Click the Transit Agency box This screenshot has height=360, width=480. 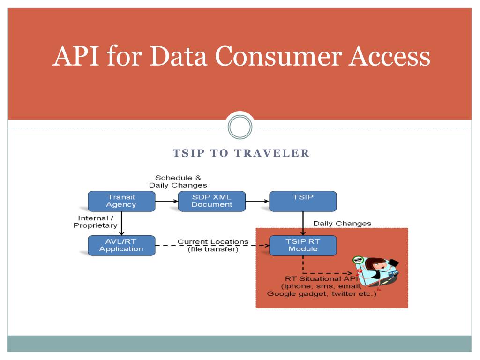click(x=121, y=201)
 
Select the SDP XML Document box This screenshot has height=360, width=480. click(x=212, y=201)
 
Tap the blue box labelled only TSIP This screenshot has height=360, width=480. click(x=302, y=201)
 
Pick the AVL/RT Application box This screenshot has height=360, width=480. click(x=121, y=245)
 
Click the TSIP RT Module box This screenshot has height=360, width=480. click(x=302, y=245)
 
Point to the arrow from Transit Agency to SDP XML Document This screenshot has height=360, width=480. click(x=166, y=201)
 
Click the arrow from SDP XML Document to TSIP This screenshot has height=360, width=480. click(x=257, y=201)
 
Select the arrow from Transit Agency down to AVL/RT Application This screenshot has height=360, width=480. click(x=121, y=223)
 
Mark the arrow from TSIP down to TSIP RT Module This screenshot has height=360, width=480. click(x=302, y=223)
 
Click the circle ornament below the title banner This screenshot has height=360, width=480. click(x=240, y=127)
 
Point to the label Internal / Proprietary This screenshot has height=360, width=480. click(x=96, y=222)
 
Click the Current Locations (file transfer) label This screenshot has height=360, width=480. click(x=213, y=245)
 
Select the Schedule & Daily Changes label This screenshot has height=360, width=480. click(x=178, y=181)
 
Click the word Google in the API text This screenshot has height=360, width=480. click(x=280, y=294)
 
